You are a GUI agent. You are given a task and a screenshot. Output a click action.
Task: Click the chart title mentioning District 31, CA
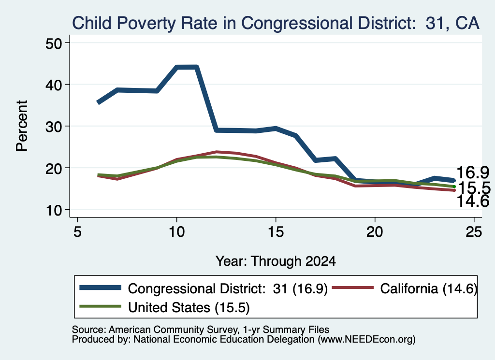tap(276, 23)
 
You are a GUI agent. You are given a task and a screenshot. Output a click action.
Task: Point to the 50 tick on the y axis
tap(54, 43)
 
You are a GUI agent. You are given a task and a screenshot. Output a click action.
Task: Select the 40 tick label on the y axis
tap(54, 85)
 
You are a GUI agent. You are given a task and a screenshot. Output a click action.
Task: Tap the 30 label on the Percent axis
tap(54, 127)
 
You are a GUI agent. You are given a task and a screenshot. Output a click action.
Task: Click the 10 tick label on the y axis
tap(54, 210)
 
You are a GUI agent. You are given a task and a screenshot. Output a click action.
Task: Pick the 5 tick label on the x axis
tap(77, 232)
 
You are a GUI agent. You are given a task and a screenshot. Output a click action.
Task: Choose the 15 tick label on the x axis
tap(276, 232)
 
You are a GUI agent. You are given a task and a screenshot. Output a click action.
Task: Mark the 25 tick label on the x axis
tap(474, 232)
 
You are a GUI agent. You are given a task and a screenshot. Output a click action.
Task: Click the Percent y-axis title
tap(22, 126)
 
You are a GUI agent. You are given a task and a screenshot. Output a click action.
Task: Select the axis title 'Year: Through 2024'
tap(276, 261)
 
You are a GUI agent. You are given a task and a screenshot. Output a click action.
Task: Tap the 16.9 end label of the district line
tap(473, 173)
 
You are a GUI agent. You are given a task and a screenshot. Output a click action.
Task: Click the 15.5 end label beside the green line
tap(474, 188)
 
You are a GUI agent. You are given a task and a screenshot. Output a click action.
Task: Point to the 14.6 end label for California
tap(473, 202)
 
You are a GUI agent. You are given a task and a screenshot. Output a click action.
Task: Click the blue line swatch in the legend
tap(101, 288)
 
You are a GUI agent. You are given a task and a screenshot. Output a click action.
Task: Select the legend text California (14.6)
tap(428, 288)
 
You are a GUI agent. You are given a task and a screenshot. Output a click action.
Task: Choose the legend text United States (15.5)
tap(189, 308)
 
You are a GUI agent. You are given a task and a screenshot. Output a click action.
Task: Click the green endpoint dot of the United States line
tap(454, 187)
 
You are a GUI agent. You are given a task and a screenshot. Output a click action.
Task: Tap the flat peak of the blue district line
tap(187, 67)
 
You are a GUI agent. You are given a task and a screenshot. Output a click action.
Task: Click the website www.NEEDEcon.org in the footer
tap(366, 340)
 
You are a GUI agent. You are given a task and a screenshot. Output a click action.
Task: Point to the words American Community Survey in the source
tap(174, 330)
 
